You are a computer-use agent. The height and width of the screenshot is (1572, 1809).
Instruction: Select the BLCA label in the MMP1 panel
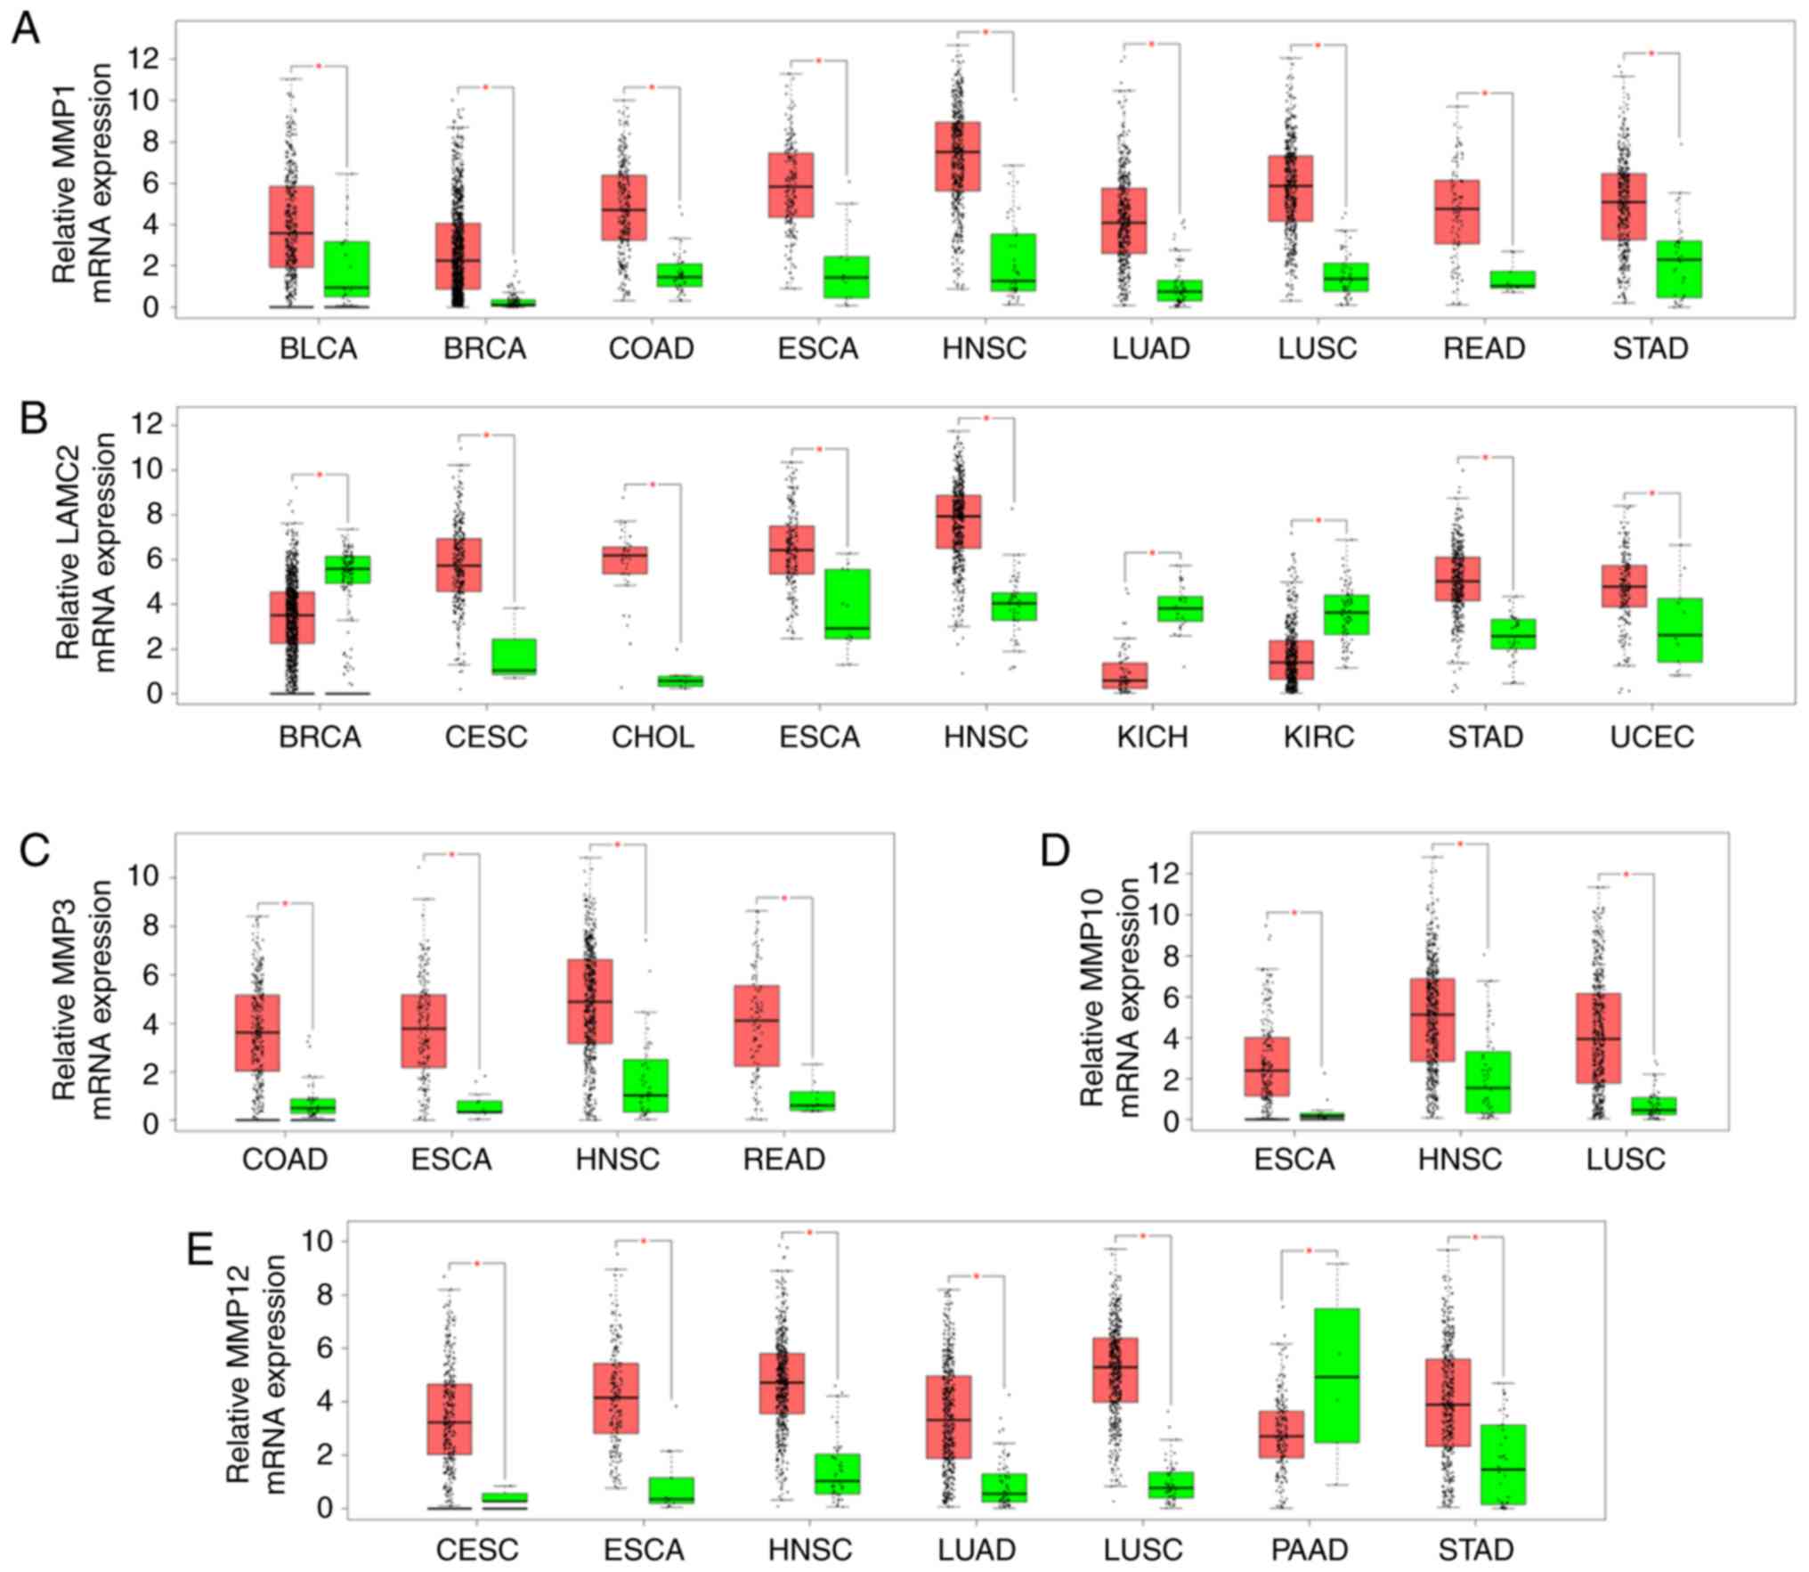coord(318,348)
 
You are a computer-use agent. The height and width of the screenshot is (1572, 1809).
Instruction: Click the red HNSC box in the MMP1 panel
coord(958,156)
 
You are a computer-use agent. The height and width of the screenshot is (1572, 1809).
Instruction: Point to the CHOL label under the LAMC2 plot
coord(653,737)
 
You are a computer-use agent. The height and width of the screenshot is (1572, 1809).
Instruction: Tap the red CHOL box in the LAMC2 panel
coord(625,559)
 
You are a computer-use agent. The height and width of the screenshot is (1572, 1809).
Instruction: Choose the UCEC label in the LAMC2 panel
coord(1651,737)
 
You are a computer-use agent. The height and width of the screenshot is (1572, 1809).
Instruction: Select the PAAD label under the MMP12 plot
coord(1309,1550)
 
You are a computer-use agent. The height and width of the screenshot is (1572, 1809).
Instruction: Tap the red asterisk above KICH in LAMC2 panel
coord(1152,553)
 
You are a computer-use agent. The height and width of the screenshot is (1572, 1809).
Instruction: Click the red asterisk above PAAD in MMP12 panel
coord(1309,1250)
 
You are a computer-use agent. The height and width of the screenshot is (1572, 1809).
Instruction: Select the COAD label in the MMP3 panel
coord(285,1159)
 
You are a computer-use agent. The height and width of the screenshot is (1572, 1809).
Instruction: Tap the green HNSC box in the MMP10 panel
coord(1487,1082)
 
